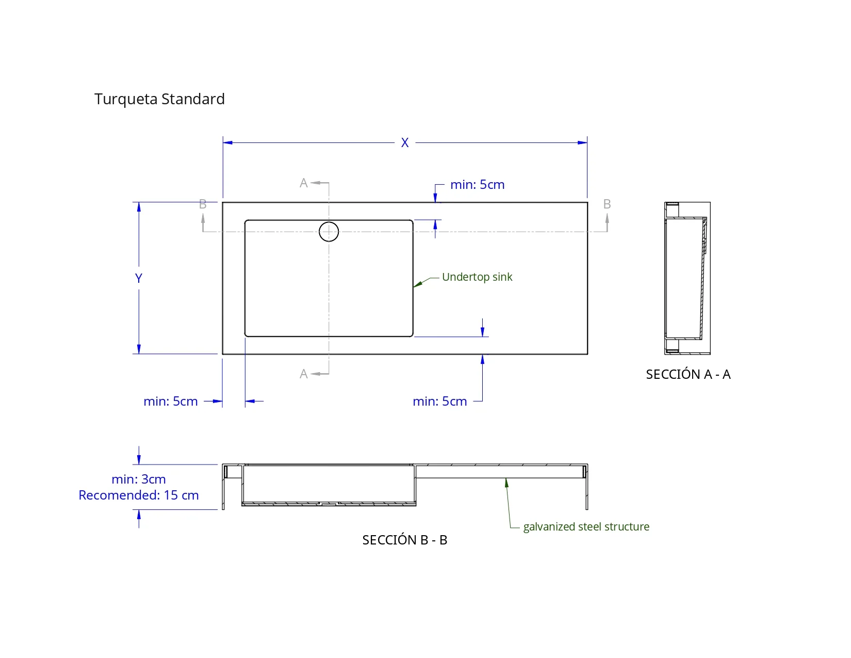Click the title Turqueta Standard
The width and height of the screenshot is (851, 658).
pyautogui.click(x=159, y=99)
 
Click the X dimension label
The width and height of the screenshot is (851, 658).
pyautogui.click(x=405, y=143)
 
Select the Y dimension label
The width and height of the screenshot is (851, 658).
pyautogui.click(x=139, y=278)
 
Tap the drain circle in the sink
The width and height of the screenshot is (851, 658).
pyautogui.click(x=329, y=232)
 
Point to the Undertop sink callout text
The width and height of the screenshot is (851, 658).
pyautogui.click(x=477, y=277)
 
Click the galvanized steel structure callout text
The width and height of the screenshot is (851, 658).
pyautogui.click(x=586, y=527)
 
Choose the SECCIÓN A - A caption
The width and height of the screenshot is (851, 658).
pyautogui.click(x=688, y=374)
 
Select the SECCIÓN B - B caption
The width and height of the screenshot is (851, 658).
pyautogui.click(x=404, y=540)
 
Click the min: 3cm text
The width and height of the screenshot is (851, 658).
pyautogui.click(x=139, y=479)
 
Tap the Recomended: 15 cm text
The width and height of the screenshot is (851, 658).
pyautogui.click(x=139, y=495)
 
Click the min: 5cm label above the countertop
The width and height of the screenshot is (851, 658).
pyautogui.click(x=477, y=185)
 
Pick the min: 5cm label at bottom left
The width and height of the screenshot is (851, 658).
pyautogui.click(x=171, y=402)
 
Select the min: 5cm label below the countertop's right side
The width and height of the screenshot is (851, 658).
pyautogui.click(x=440, y=402)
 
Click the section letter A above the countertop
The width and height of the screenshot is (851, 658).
pyautogui.click(x=304, y=183)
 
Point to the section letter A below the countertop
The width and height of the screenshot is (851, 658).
pyautogui.click(x=304, y=374)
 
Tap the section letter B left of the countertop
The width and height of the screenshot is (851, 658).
pyautogui.click(x=203, y=204)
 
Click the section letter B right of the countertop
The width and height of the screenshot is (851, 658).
pyautogui.click(x=607, y=204)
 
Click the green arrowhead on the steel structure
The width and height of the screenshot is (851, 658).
pyautogui.click(x=506, y=483)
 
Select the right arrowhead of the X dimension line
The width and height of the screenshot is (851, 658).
pyautogui.click(x=582, y=142)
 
